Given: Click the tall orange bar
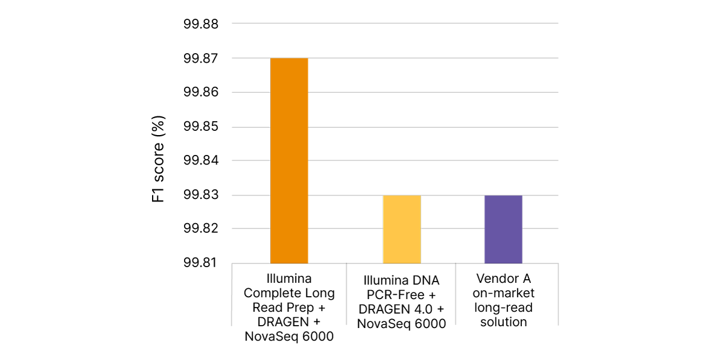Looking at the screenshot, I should point(289,160).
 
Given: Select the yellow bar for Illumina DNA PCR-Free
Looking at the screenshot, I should point(401,229).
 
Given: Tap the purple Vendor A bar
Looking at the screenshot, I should point(503,229).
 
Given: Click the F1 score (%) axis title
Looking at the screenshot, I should point(158,159).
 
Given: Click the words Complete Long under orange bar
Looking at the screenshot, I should point(289,293).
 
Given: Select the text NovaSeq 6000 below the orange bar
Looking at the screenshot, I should point(289,336).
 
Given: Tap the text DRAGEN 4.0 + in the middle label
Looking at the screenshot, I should point(401,309).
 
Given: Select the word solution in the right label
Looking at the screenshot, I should point(503,322).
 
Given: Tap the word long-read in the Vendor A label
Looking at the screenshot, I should point(503,308).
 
